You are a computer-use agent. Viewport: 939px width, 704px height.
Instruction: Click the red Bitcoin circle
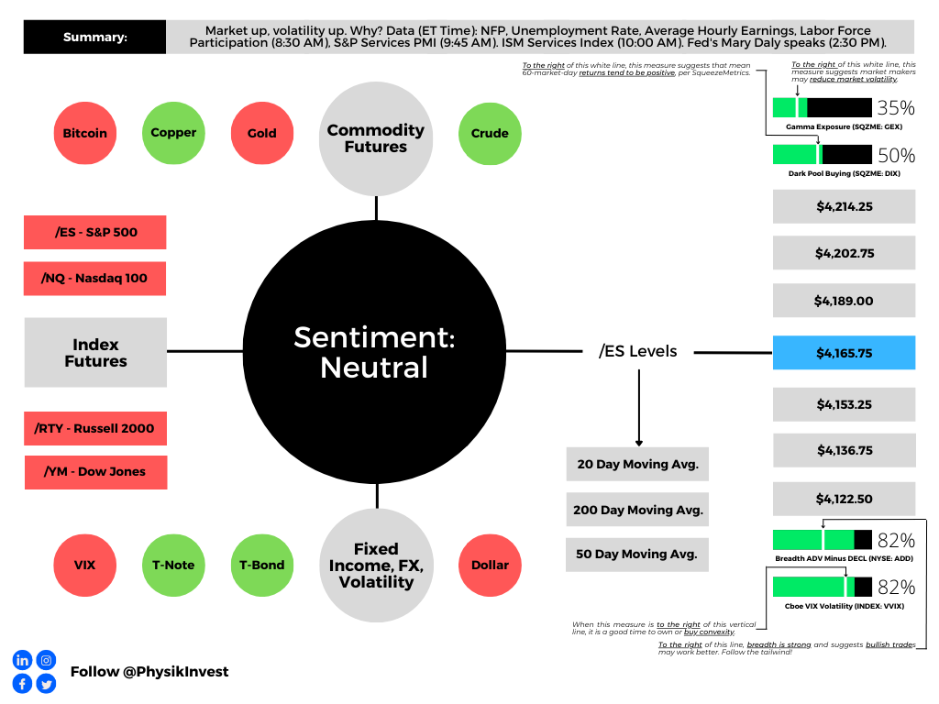click(85, 133)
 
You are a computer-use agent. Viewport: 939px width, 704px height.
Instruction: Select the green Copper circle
click(173, 133)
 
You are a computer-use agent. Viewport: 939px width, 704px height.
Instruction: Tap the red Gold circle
click(262, 133)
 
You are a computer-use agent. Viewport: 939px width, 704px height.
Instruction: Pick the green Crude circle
click(490, 134)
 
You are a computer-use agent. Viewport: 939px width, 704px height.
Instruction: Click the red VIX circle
click(85, 565)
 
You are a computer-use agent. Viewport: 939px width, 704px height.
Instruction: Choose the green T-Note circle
click(173, 565)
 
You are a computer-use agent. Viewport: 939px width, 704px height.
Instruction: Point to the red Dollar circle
click(490, 565)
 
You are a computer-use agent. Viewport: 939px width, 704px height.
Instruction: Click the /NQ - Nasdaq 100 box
click(94, 279)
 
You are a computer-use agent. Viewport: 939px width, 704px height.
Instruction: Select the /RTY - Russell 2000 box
click(95, 429)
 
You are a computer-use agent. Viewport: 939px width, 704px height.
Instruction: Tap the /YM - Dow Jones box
click(95, 472)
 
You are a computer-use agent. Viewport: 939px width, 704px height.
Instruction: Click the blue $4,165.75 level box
click(844, 353)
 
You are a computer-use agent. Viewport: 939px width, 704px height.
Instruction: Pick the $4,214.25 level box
click(844, 206)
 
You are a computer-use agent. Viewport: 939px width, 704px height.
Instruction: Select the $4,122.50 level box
click(844, 499)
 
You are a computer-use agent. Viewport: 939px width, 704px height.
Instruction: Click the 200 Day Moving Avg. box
click(637, 510)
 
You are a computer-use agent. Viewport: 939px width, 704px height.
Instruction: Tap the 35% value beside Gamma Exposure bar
click(896, 108)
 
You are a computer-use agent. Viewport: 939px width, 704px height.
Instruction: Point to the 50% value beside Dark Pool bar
click(896, 156)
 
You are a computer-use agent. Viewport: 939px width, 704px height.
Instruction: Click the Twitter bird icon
click(46, 684)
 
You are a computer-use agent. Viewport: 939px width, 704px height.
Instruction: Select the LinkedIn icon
click(22, 660)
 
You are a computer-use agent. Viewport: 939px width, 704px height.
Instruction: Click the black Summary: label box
click(94, 37)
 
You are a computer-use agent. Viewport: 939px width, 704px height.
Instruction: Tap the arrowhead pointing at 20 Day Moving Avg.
click(639, 443)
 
